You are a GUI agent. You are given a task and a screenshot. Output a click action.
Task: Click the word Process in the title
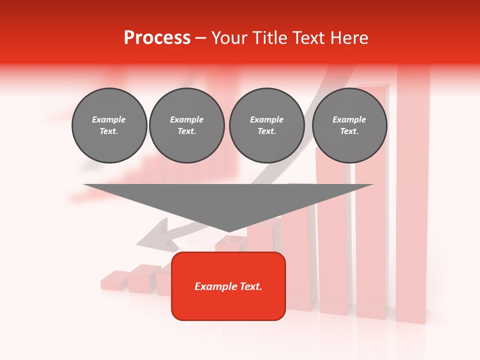coord(157,38)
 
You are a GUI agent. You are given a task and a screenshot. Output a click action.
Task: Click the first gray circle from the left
coord(109,125)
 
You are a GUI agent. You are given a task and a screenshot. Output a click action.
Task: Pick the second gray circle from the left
coord(187,125)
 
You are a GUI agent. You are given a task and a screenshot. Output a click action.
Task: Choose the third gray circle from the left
coord(266,125)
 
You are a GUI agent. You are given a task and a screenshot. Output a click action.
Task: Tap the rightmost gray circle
coord(349,125)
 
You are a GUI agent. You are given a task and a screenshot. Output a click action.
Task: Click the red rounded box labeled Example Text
coord(228,286)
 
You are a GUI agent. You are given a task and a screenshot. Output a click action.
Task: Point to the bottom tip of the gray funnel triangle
coord(228,231)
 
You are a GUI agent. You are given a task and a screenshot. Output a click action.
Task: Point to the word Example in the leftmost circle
coord(109,120)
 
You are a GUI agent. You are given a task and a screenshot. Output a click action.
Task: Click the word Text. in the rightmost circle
coord(349,131)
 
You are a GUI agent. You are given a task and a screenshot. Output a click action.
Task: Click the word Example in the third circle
coord(266,120)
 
